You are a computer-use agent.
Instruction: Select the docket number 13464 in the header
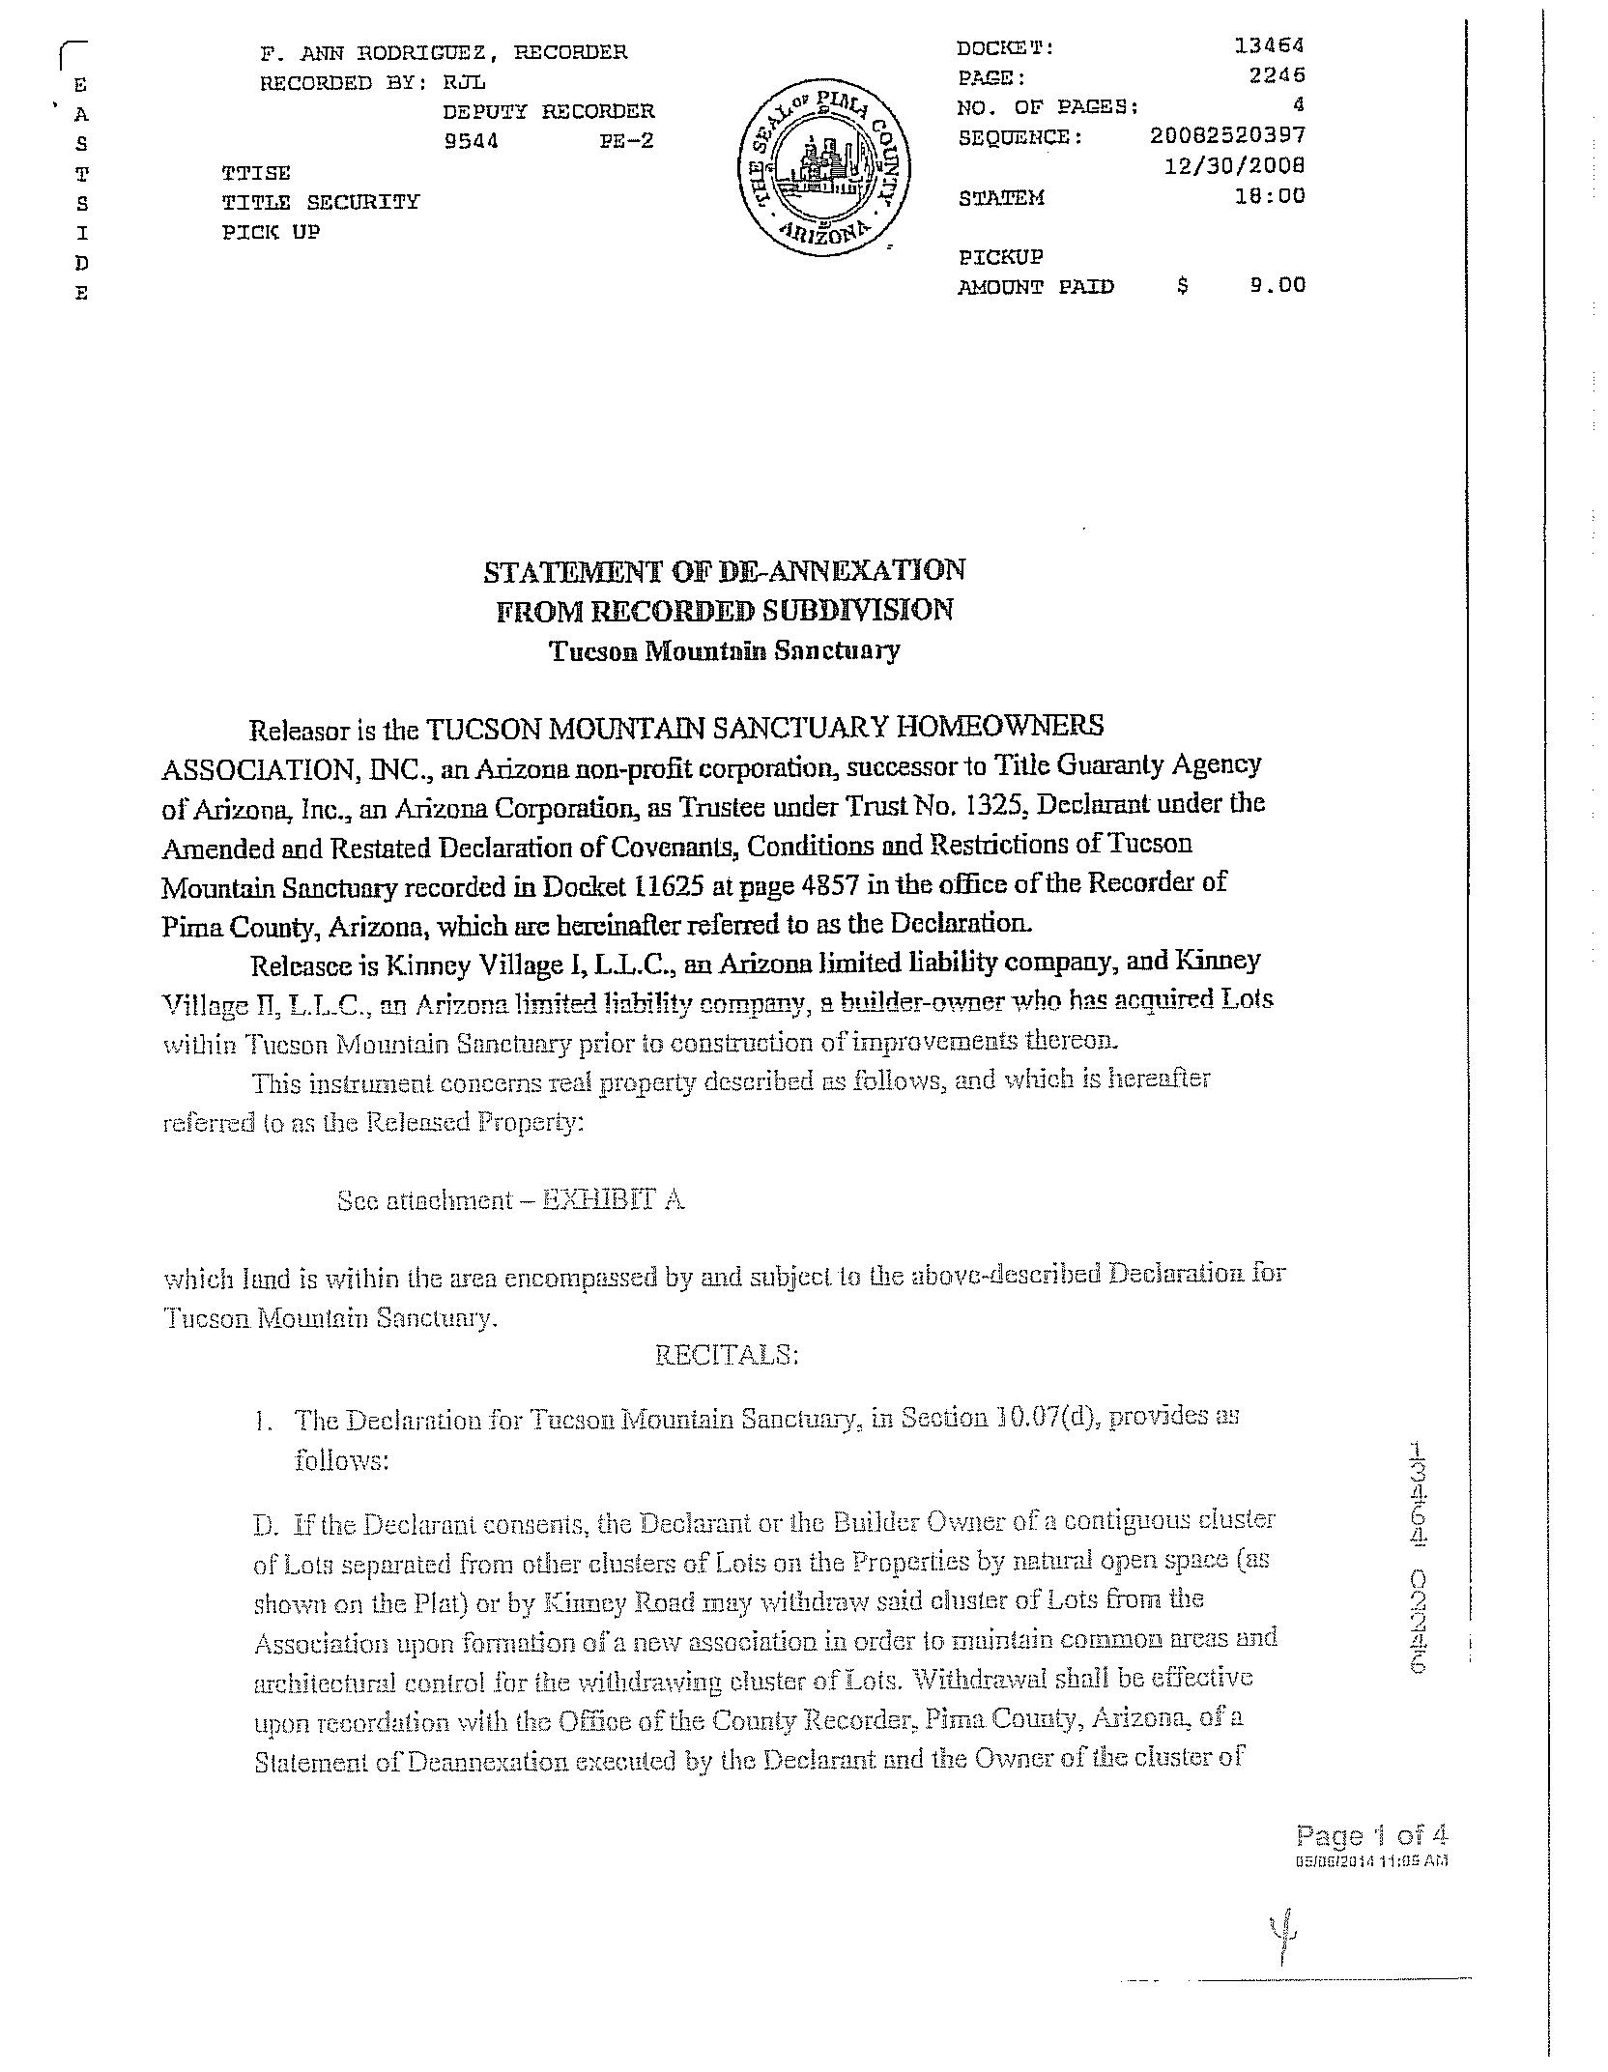(1269, 45)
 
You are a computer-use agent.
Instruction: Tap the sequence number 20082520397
(1227, 135)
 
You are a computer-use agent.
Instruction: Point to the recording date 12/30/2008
(1234, 165)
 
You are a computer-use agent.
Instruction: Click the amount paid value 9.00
(1277, 285)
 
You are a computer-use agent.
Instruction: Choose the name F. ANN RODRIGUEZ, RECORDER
(444, 52)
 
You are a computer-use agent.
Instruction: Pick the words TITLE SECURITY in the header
(321, 202)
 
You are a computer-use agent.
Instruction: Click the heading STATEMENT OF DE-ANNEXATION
(724, 570)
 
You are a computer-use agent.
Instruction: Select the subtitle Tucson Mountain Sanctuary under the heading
(724, 650)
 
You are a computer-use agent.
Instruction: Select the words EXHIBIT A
(612, 1199)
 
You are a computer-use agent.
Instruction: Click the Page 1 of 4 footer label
(1371, 1836)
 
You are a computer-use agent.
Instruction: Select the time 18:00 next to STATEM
(1277, 196)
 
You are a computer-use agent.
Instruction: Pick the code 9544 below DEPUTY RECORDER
(471, 141)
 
